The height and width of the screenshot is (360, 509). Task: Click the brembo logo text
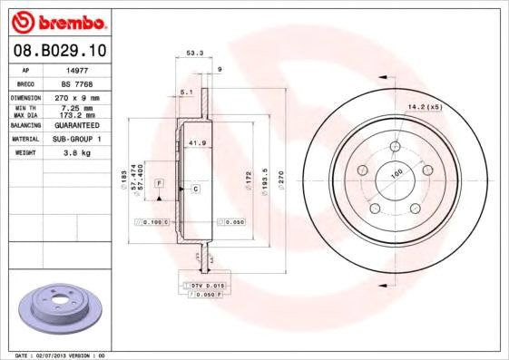(64, 21)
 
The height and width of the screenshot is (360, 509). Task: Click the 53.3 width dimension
(193, 54)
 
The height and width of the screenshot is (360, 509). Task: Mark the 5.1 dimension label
(186, 92)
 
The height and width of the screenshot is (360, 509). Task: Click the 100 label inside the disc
(396, 172)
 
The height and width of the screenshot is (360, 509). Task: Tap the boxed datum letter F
(159, 183)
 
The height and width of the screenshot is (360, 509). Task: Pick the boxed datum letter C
(195, 188)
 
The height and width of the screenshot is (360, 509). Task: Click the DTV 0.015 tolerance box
(201, 286)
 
